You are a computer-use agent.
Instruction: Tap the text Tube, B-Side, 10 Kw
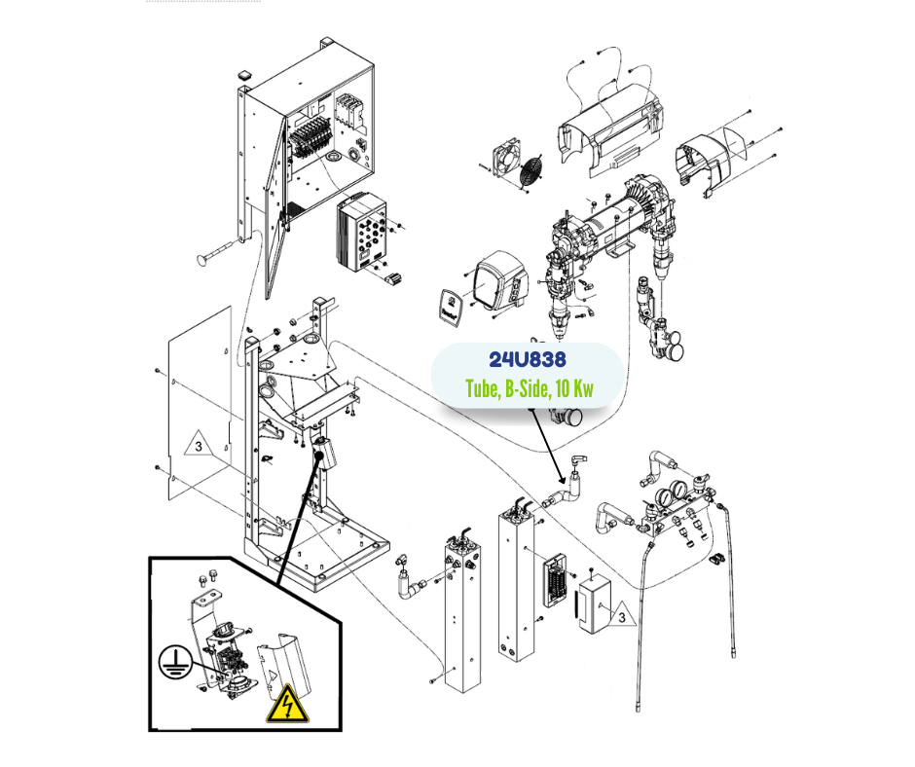[x=529, y=389]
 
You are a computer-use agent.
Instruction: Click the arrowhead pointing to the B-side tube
[x=562, y=477]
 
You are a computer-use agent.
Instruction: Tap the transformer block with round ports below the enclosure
[x=362, y=235]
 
